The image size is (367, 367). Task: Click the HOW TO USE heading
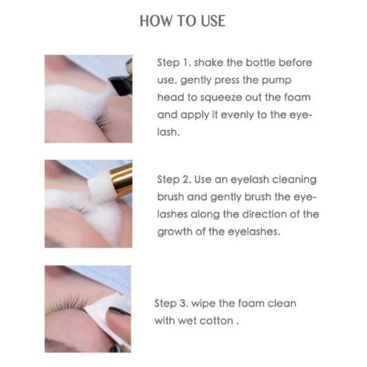point(183,21)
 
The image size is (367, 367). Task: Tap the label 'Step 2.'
point(174,180)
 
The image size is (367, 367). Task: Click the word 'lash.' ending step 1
point(168,132)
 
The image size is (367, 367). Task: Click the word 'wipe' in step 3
point(202,304)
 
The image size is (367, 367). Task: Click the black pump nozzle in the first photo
point(118,84)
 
